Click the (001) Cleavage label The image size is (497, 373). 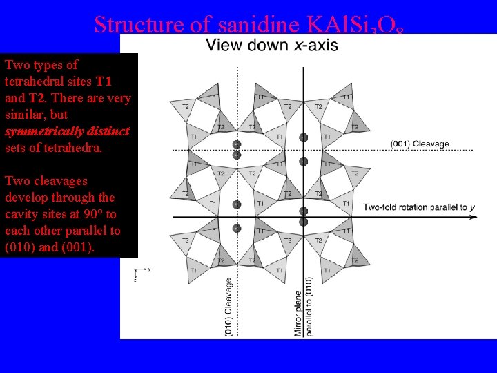(x=420, y=144)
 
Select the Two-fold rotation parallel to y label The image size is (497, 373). (x=419, y=207)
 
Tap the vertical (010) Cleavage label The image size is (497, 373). (x=229, y=307)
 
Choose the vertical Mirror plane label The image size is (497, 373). (x=298, y=307)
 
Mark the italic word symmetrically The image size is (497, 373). (x=39, y=131)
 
